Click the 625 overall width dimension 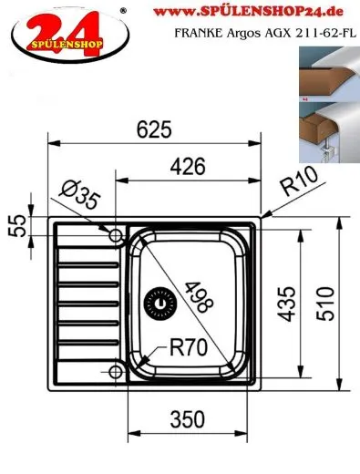pos(155,129)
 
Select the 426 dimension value pos(187,166)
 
